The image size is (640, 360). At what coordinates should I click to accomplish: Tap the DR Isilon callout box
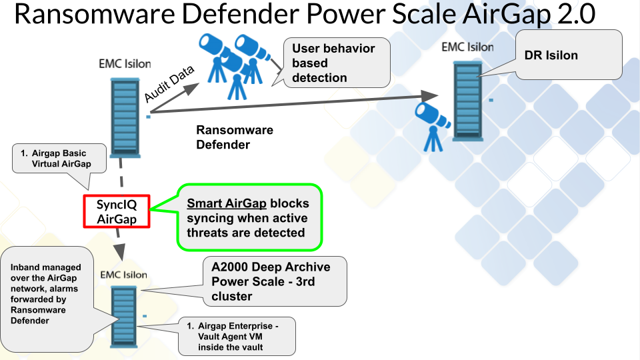point(569,55)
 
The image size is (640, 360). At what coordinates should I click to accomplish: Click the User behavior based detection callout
point(336,63)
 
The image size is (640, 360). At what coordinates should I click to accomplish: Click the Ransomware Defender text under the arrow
point(234,137)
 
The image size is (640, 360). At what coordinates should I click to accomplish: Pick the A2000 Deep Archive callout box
point(275,281)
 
